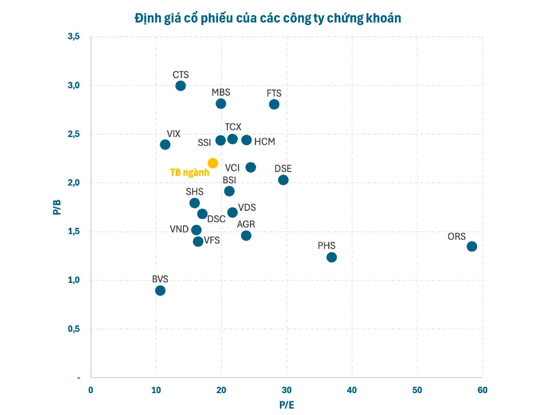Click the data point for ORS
click(x=471, y=246)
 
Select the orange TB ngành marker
click(x=213, y=163)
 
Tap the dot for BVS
click(x=160, y=290)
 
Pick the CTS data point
click(x=180, y=86)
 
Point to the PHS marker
click(x=331, y=257)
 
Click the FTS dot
click(x=274, y=104)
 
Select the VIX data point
click(x=165, y=145)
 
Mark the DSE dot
click(x=283, y=180)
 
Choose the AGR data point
click(x=246, y=235)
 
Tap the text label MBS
click(x=221, y=92)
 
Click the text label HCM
click(x=265, y=142)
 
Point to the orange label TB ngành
click(x=190, y=172)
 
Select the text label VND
click(x=179, y=229)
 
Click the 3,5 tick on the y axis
click(x=74, y=37)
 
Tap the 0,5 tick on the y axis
click(x=74, y=329)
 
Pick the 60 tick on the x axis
click(x=482, y=391)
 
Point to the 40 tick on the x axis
click(x=352, y=391)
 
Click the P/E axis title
click(x=287, y=405)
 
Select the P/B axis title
click(x=56, y=207)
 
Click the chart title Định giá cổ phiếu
click(x=268, y=18)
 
